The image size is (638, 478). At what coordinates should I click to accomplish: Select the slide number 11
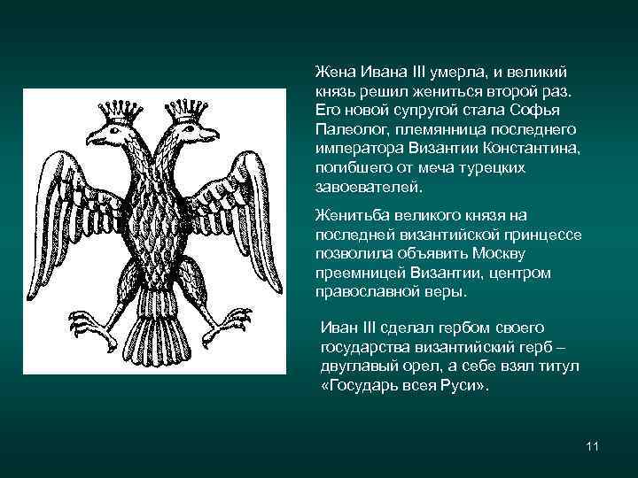tap(593, 445)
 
